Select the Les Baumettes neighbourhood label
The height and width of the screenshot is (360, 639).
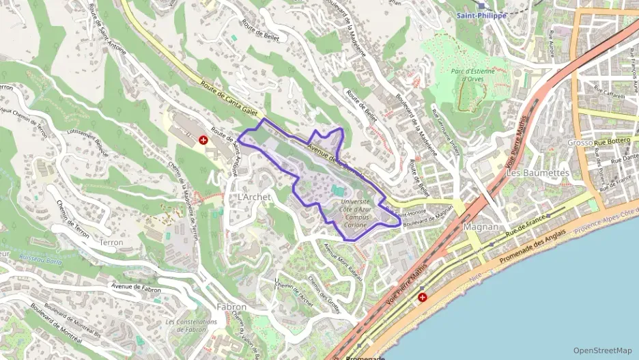tap(537, 173)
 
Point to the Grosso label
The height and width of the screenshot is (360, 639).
tap(580, 143)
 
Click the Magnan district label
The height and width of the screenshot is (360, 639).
tap(482, 227)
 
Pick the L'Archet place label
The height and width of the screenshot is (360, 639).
tap(254, 197)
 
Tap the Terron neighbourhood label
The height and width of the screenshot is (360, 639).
tap(111, 243)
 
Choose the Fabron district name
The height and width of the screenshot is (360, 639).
tap(231, 307)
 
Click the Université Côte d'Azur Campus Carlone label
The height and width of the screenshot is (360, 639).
tap(354, 213)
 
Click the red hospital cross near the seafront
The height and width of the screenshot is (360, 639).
tap(423, 298)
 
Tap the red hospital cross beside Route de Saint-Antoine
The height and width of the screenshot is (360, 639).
tap(203, 139)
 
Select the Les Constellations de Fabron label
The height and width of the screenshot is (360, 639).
tap(186, 325)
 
